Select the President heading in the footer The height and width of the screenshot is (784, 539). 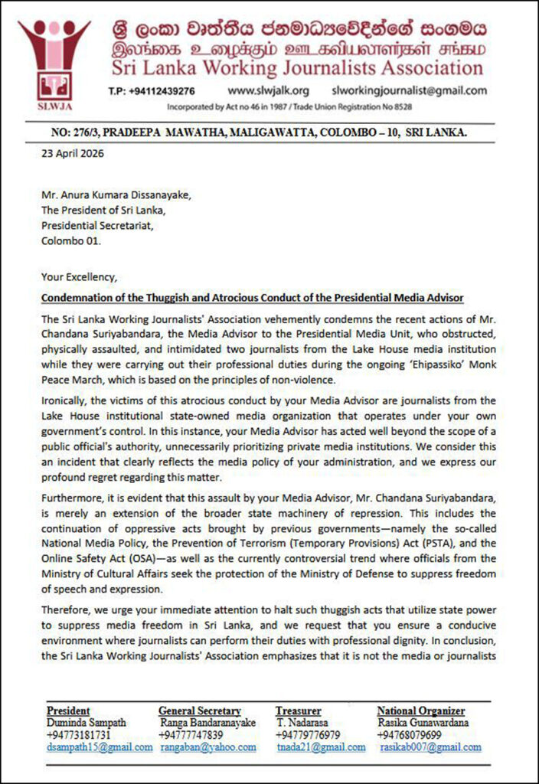click(68, 710)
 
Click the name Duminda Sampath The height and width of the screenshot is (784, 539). click(86, 722)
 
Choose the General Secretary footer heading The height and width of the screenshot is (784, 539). click(200, 710)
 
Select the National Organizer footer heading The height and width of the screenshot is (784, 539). click(420, 710)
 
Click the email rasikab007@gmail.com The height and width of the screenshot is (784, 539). click(431, 746)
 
